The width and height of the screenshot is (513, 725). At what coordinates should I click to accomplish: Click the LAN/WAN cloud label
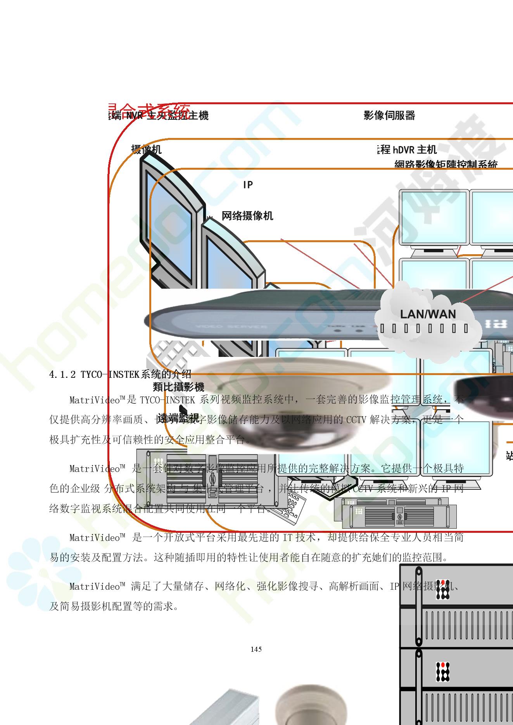428,314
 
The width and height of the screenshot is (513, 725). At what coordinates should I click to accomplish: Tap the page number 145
256,649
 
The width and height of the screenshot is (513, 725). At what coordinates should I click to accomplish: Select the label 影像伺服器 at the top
389,115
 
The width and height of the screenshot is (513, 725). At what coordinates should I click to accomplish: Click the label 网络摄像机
247,216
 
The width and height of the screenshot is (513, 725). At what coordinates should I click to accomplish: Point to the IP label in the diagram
248,185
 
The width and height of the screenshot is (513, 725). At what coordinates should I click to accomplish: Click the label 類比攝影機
178,387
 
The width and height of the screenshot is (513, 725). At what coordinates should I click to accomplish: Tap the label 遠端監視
178,418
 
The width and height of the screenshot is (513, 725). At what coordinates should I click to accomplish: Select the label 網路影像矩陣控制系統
446,164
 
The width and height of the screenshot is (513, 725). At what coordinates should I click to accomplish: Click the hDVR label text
403,150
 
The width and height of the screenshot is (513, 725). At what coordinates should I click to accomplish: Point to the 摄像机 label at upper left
146,149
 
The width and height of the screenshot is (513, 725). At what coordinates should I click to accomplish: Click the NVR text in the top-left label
135,115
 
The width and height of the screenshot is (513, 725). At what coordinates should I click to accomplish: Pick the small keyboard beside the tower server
291,506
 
